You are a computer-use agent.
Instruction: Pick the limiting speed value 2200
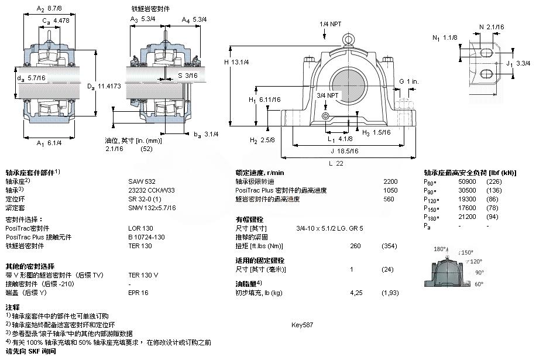click(x=390, y=181)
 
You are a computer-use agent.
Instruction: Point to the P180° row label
click(x=432, y=217)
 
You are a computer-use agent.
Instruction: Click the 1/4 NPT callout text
click(x=331, y=24)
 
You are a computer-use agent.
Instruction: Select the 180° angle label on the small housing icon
click(x=439, y=250)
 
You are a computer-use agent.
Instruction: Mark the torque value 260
click(x=355, y=246)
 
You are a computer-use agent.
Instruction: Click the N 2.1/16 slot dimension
click(x=491, y=28)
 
